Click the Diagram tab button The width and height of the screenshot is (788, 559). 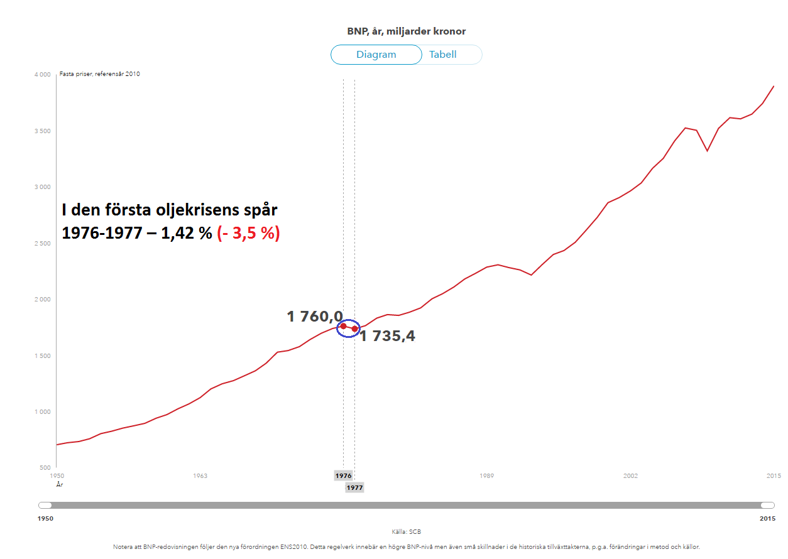pos(376,55)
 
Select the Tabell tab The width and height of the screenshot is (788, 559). pos(443,55)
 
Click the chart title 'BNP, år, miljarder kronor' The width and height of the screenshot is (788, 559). pos(407,31)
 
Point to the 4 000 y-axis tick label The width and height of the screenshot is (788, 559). pos(42,75)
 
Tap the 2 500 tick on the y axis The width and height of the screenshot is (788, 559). pos(42,244)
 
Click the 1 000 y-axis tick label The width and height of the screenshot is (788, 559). pos(42,412)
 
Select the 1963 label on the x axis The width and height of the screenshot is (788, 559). pos(200,476)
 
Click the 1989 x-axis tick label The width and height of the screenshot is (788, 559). pos(486,476)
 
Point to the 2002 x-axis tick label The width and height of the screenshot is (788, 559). pos(630,476)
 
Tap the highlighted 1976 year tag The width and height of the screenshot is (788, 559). pos(343,476)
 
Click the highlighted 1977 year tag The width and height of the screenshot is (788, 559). pos(354,487)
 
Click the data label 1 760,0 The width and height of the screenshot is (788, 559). pos(315,317)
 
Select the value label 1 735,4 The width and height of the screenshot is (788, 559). pos(387,337)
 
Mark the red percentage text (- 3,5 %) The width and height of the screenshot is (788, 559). pos(248,234)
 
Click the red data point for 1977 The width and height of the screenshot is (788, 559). pos(354,328)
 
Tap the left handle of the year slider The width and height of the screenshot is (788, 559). pos(45,505)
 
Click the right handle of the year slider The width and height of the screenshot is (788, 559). pos(767,505)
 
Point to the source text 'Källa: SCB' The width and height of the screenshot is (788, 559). pos(407,532)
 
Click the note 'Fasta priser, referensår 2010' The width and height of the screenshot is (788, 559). pos(99,74)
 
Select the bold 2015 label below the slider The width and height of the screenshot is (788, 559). pos(767,519)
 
